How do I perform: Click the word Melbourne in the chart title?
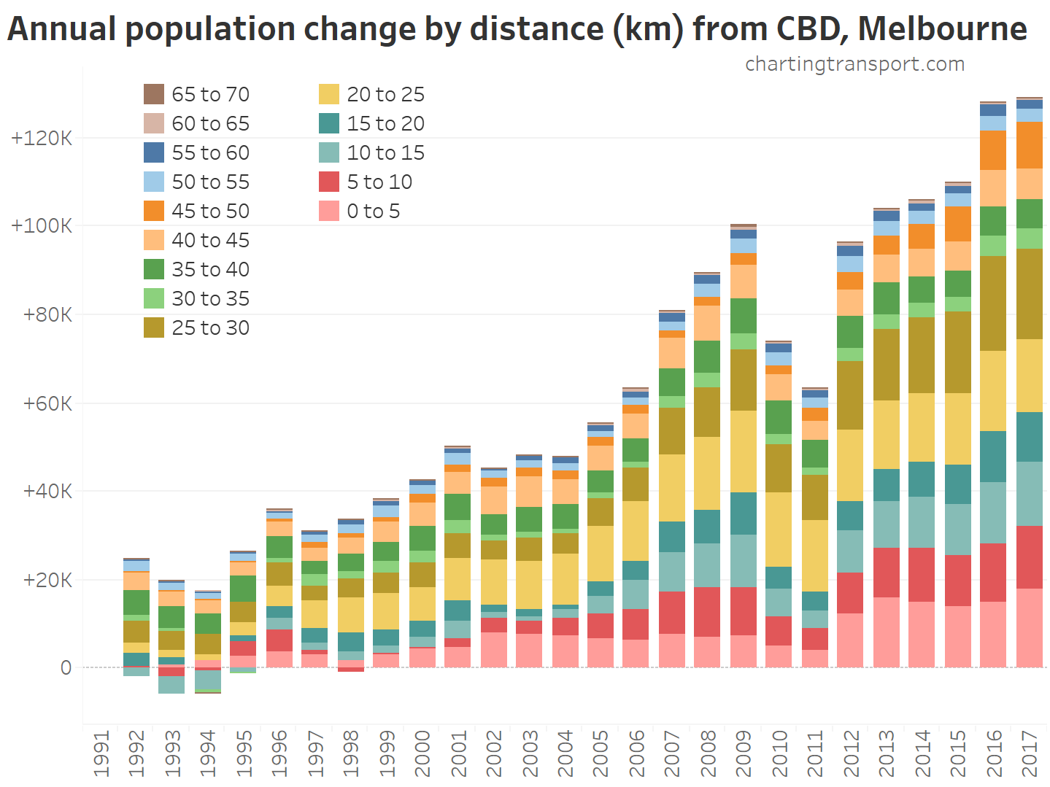click(x=942, y=29)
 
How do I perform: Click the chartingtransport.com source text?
click(x=854, y=64)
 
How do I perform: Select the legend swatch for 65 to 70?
click(x=154, y=94)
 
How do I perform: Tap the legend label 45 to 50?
click(x=210, y=211)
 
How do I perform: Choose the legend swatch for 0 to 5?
click(x=329, y=211)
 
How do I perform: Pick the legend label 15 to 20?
click(x=385, y=123)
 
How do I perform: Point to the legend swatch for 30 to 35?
click(x=154, y=298)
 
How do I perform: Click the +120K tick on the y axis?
click(x=42, y=138)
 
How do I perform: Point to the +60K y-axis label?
click(x=47, y=403)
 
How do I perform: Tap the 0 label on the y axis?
click(x=66, y=667)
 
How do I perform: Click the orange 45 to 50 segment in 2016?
click(x=993, y=150)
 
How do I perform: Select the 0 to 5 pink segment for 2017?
click(x=1029, y=628)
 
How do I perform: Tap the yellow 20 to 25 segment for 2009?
click(x=743, y=451)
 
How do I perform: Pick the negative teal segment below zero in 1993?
click(x=171, y=685)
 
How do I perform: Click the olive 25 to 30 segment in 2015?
click(x=957, y=352)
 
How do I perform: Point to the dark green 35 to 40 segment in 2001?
click(x=458, y=507)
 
